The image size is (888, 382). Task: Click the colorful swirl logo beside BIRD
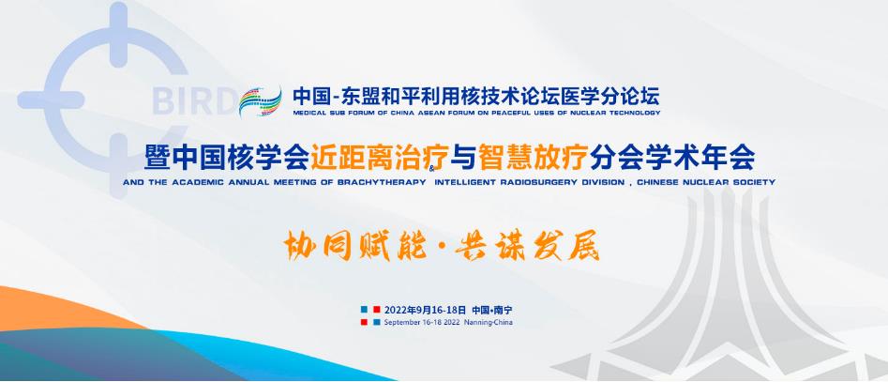pyautogui.click(x=260, y=101)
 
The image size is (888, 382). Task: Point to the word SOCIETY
pyautogui.click(x=757, y=182)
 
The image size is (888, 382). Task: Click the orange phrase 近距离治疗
pyautogui.click(x=380, y=157)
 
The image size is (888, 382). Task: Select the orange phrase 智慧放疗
pyautogui.click(x=533, y=157)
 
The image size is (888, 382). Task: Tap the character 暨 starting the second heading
pyautogui.click(x=158, y=157)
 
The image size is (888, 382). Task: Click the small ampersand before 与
pyautogui.click(x=433, y=168)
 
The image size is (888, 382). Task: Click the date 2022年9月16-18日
pyautogui.click(x=425, y=310)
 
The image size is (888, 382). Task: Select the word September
pyautogui.click(x=399, y=323)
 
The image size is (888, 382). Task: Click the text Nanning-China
pyautogui.click(x=489, y=323)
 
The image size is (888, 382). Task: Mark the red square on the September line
pyautogui.click(x=364, y=323)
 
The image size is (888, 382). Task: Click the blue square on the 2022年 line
pyautogui.click(x=364, y=310)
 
